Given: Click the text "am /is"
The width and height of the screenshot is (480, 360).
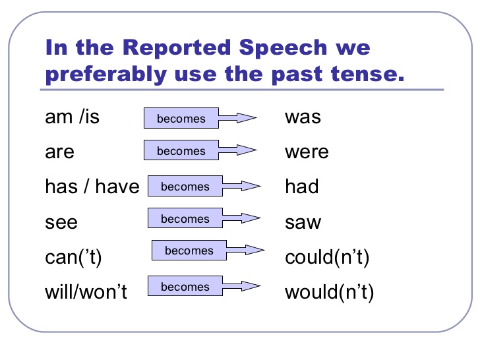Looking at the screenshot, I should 72,117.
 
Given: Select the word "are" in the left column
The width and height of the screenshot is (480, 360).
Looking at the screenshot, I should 59,152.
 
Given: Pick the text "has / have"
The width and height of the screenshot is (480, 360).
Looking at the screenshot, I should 92,187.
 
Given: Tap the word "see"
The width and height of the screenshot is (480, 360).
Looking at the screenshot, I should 61,222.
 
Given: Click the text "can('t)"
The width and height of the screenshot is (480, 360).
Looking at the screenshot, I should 74,256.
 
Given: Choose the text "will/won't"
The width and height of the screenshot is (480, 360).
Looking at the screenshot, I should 86,291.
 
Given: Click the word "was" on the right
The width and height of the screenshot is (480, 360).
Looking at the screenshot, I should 303,117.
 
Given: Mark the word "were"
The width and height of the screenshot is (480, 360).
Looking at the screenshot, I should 307,152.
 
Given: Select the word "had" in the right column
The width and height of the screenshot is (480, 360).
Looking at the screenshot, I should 302,187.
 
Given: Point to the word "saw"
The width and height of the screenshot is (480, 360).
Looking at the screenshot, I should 303,222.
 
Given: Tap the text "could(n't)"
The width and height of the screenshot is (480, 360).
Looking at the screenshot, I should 327,256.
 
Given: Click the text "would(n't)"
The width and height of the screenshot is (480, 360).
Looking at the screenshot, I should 329,291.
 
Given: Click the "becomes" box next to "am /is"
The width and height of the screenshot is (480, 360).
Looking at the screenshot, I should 181,119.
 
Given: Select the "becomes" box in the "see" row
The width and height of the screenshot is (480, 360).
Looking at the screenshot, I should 185,218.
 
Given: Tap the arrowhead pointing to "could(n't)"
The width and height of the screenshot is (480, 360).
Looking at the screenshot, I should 255,250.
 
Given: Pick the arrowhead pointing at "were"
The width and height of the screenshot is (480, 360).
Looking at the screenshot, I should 247,150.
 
